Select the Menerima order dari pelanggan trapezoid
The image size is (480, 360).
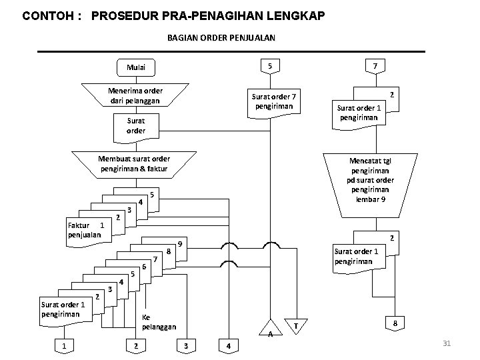coord(135,95)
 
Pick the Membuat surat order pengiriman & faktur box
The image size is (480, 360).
coord(134,164)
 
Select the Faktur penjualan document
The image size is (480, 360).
coord(85,229)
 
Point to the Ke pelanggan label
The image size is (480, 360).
coord(159,322)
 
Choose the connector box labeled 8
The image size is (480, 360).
coord(395,323)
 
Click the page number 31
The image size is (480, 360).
coord(447,343)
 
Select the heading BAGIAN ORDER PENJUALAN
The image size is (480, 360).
coord(221,38)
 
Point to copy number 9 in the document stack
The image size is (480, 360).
coord(180,244)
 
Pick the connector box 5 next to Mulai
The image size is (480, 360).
coord(269,66)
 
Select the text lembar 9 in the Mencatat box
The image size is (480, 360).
coord(370,200)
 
